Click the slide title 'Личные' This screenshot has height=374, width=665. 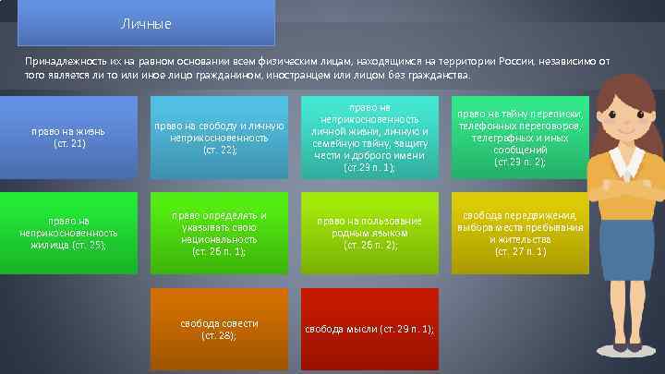click(x=146, y=22)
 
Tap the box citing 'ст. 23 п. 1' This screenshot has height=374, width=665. click(x=369, y=137)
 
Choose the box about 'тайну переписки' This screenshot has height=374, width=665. click(x=519, y=137)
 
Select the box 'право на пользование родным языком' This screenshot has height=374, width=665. click(x=369, y=233)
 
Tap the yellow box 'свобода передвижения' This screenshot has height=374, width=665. click(x=519, y=233)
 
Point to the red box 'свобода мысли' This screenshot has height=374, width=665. click(x=369, y=330)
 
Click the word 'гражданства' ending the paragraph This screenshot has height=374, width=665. click(x=441, y=74)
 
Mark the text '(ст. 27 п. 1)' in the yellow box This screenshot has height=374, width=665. click(x=520, y=250)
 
